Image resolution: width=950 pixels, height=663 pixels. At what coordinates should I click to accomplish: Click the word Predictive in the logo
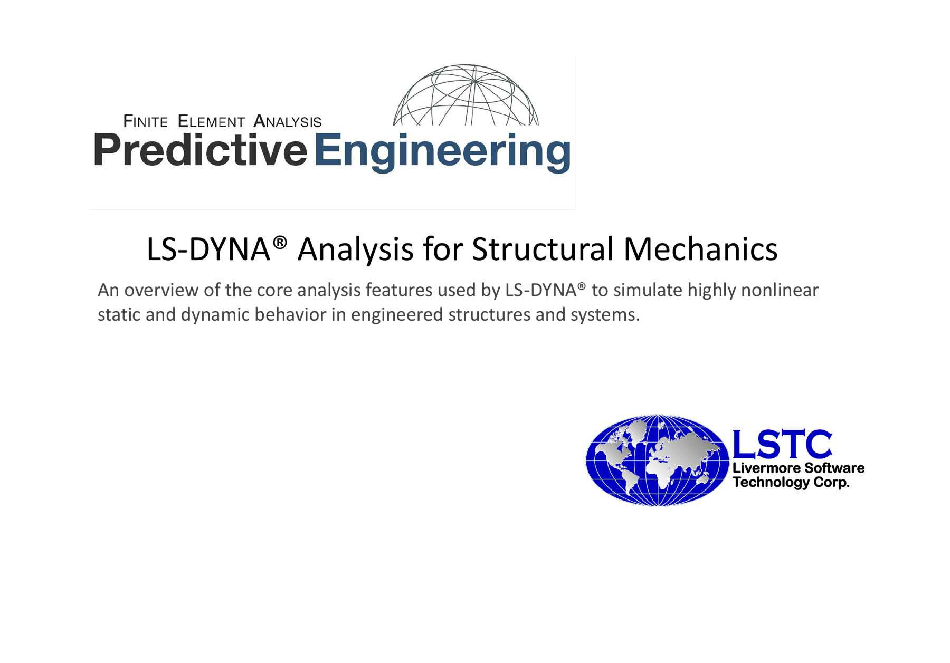click(x=201, y=150)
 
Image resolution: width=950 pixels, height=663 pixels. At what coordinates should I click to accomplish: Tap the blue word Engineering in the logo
click(x=443, y=153)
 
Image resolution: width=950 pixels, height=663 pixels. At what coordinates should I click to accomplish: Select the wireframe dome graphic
click(x=466, y=95)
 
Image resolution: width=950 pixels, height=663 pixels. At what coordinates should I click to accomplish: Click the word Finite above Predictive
click(x=145, y=121)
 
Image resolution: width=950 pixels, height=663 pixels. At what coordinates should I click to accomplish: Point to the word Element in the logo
click(x=211, y=121)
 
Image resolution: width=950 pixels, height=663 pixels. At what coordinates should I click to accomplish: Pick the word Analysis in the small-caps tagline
click(x=288, y=121)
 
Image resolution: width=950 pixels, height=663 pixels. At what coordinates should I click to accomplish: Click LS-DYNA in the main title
click(x=208, y=249)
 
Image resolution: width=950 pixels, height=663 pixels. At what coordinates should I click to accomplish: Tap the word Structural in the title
click(x=542, y=249)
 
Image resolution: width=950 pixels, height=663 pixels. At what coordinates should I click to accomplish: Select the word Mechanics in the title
click(x=700, y=249)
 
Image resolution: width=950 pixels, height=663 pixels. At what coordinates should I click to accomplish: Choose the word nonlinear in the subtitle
click(x=780, y=291)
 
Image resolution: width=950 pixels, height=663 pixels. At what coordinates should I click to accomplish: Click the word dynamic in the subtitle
click(x=215, y=315)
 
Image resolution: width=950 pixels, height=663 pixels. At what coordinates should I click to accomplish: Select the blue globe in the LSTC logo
click(x=657, y=460)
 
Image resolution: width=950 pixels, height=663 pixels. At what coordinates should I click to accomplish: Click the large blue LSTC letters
click(x=782, y=444)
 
